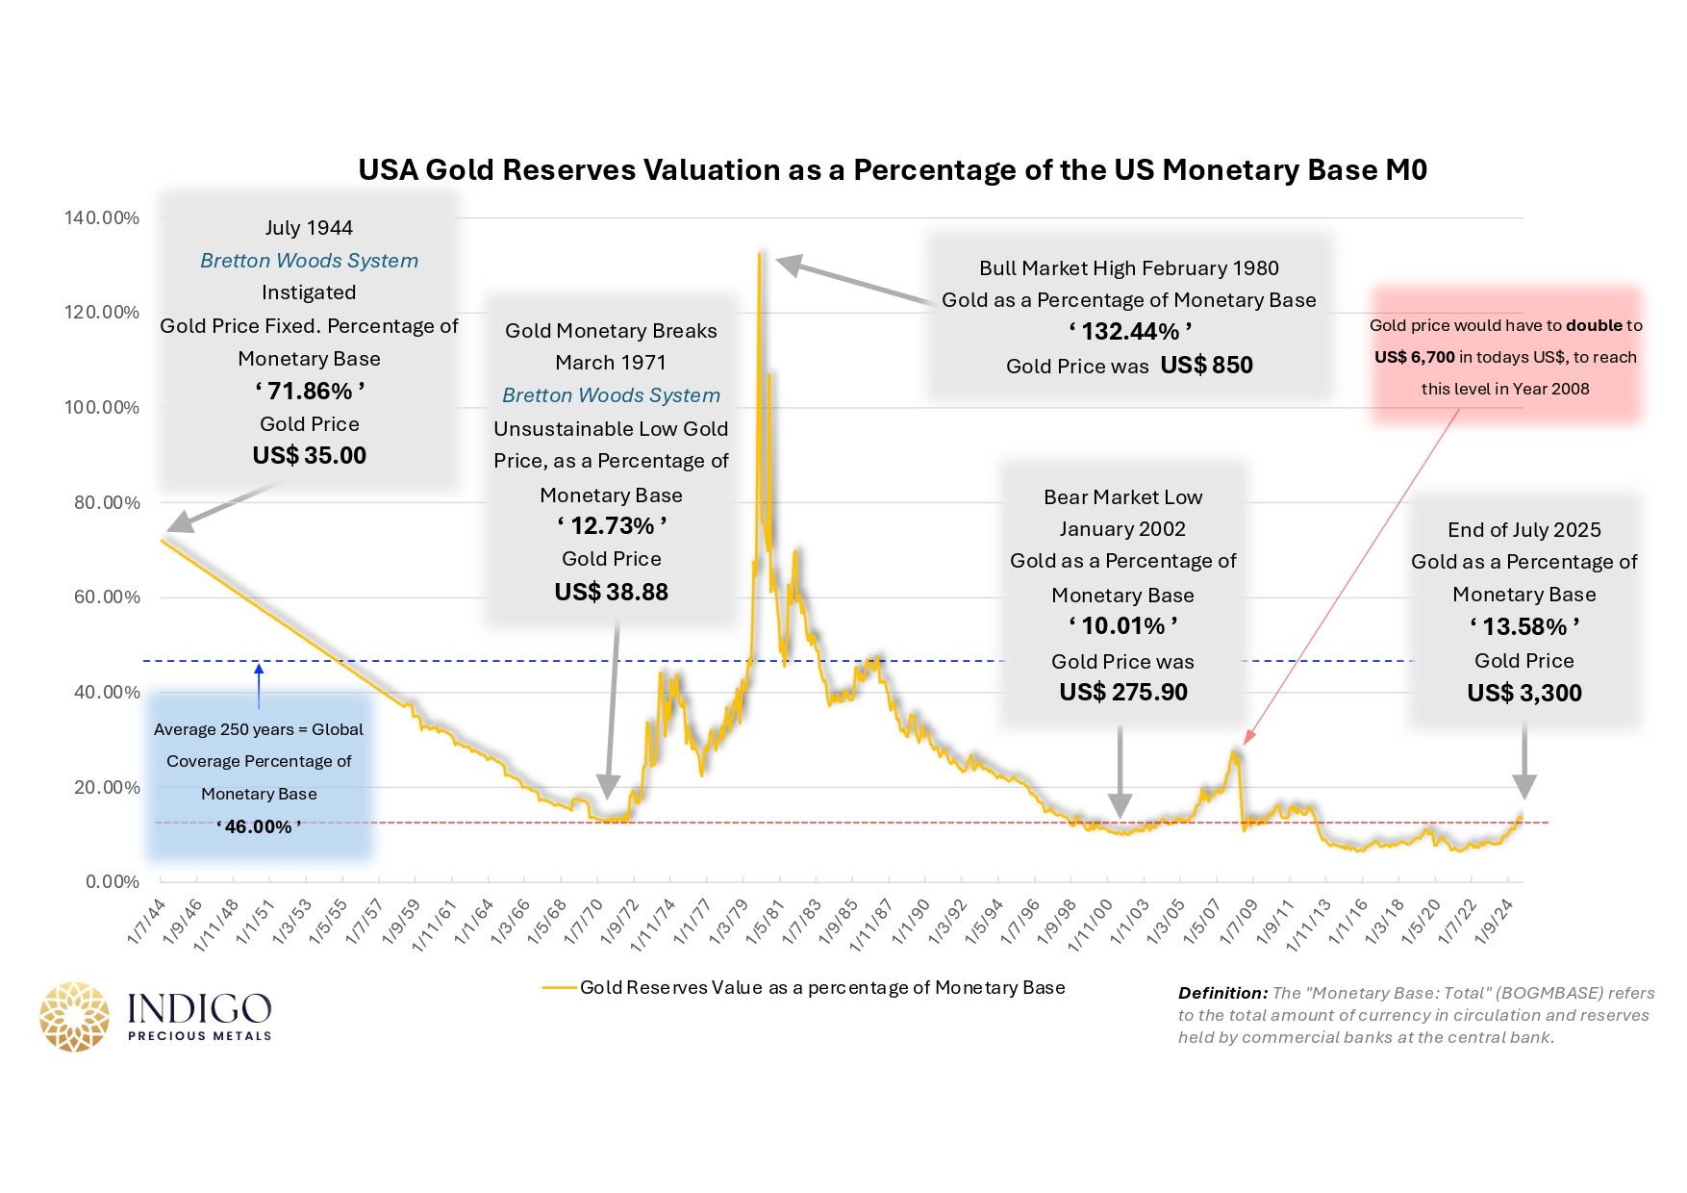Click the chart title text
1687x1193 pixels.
tap(893, 170)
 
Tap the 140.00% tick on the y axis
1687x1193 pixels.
tap(102, 217)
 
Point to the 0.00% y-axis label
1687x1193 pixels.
tap(113, 881)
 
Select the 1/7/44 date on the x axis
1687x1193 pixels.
tap(147, 922)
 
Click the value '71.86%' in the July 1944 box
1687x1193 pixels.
tap(310, 391)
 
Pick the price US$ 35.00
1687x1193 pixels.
tap(310, 455)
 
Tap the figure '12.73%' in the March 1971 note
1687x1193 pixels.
tap(612, 525)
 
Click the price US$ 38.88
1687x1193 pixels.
tap(612, 592)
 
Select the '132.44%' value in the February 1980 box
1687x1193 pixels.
tap(1130, 331)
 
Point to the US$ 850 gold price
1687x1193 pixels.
tap(1206, 365)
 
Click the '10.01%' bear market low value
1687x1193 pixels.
tap(1123, 625)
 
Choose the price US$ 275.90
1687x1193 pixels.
tap(1123, 692)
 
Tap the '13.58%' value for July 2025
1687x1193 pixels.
tap(1524, 626)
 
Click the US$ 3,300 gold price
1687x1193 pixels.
tap(1524, 693)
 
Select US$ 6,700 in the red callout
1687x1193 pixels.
tap(1415, 357)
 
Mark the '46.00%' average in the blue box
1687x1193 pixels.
tap(259, 826)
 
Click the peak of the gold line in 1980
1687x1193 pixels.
tap(760, 254)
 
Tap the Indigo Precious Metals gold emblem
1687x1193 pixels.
tap(74, 1017)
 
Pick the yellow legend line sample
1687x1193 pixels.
tap(559, 987)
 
